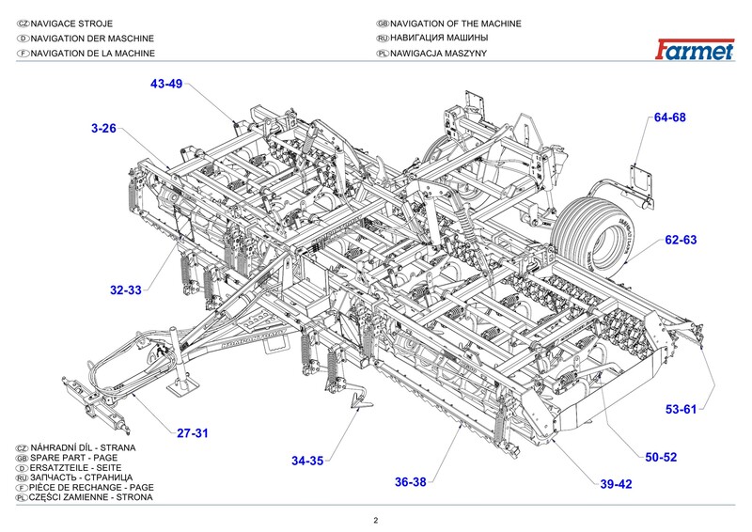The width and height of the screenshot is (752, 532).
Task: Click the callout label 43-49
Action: pos(165,84)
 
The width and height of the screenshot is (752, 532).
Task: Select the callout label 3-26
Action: pos(103,127)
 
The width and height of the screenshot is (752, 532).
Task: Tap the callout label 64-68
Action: pos(670,117)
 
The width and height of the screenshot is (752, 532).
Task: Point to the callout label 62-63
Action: pos(681,241)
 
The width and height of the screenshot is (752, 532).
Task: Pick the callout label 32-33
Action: pos(125,290)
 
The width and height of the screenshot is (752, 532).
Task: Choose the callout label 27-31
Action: pos(192,432)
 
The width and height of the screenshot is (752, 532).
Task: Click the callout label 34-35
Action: pos(307,461)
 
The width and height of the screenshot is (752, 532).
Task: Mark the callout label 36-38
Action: pos(411,482)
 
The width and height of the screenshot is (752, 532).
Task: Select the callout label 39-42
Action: pos(616,485)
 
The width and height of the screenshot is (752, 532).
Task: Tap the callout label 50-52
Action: pos(661,457)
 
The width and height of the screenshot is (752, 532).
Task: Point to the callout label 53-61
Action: pos(681,409)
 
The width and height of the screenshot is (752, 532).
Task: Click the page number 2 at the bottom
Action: pos(375,520)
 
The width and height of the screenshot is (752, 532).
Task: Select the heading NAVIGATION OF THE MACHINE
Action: pos(455,23)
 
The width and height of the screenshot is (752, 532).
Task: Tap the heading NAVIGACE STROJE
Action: pos(84,23)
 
